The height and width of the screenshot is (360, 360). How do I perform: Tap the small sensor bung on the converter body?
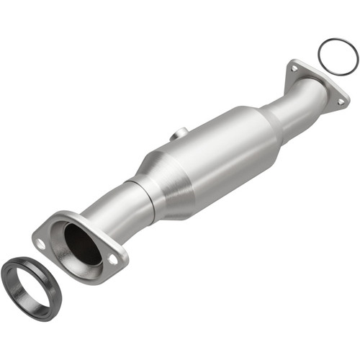click(x=180, y=133)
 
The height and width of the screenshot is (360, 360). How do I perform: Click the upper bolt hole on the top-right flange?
click(x=294, y=69)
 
